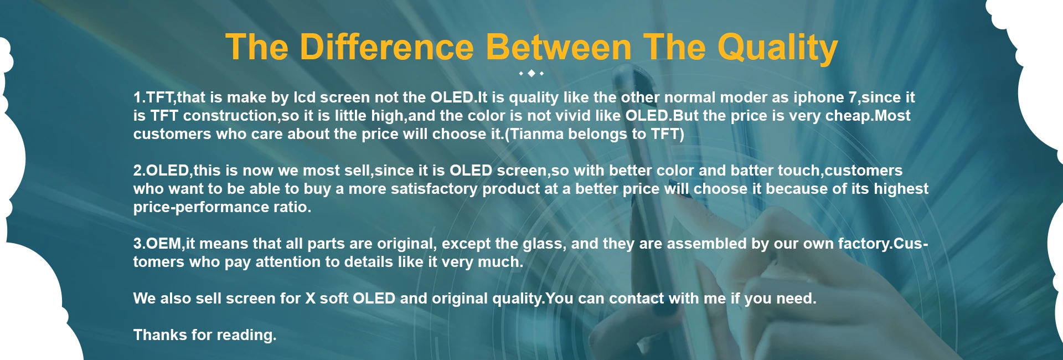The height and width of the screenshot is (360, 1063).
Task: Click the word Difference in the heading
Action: (386, 47)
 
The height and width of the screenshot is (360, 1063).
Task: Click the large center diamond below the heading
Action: (531, 73)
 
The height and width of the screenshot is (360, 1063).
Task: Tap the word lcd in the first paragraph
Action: (305, 97)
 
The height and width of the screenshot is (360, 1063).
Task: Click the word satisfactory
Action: (434, 189)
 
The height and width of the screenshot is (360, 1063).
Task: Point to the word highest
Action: (901, 189)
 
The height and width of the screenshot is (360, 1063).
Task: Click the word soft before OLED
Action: (334, 299)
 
